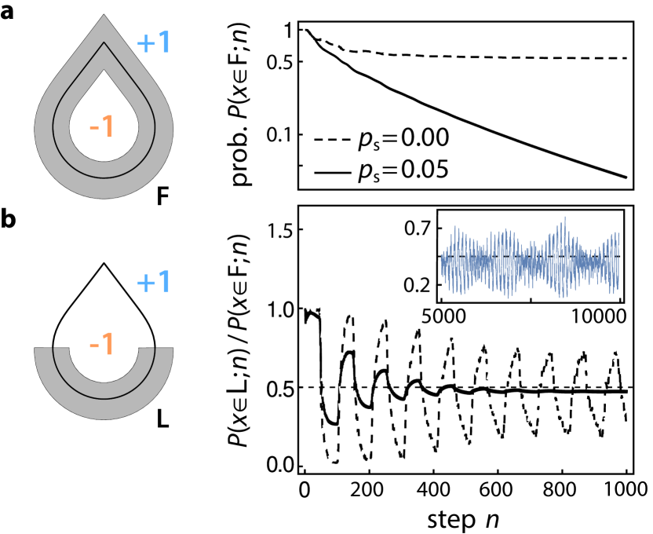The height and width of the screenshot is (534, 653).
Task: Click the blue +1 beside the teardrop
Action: [154, 42]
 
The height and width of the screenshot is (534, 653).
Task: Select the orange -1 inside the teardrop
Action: [102, 126]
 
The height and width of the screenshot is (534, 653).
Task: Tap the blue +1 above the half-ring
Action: [154, 282]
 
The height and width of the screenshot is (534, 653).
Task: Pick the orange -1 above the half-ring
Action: [102, 344]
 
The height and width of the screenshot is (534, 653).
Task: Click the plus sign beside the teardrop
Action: [145, 43]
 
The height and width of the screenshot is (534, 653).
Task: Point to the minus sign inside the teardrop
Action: [93, 127]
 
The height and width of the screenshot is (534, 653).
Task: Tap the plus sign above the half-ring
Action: [145, 283]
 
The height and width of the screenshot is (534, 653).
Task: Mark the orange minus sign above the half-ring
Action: [93, 345]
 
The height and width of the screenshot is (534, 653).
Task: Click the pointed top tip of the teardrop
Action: [104, 16]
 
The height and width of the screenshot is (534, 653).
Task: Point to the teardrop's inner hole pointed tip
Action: [104, 71]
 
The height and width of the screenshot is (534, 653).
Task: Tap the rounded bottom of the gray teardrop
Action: [104, 188]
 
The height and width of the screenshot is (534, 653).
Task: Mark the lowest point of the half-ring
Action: [104, 418]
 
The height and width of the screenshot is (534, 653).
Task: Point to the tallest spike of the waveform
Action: [564, 219]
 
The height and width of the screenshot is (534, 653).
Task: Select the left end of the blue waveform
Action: [442, 263]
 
